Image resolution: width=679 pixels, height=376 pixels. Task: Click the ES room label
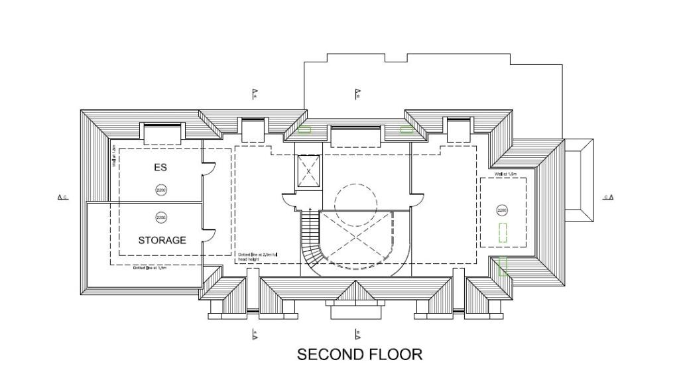[160, 168]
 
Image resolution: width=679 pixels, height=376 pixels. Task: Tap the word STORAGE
[162, 240]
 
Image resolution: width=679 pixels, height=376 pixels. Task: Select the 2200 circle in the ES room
[161, 190]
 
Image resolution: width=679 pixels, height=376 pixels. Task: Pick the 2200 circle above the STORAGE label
[161, 217]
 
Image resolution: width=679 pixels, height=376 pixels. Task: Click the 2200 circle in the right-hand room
[502, 210]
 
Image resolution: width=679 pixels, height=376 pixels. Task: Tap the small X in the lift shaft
[308, 171]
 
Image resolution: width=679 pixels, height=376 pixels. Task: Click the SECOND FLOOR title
[359, 355]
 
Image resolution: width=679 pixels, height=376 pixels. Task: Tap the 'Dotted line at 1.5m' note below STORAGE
[149, 268]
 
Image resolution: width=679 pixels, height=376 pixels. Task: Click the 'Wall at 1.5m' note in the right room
[505, 174]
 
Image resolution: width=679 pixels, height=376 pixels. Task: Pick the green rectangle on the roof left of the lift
[305, 130]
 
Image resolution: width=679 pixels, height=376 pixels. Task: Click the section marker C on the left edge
[62, 197]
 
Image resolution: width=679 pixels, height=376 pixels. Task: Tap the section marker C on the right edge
[608, 197]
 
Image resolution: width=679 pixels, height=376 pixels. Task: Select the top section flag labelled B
[357, 94]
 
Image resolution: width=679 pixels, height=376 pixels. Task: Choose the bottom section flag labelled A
[255, 335]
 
